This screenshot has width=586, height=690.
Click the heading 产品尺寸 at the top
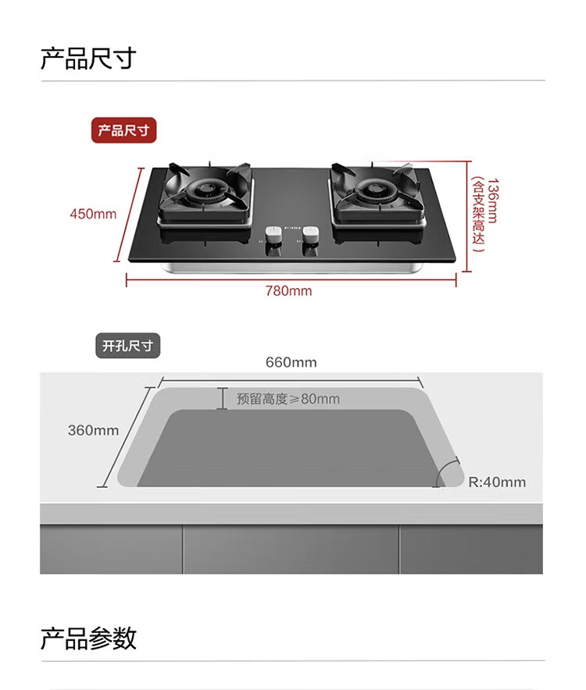click(x=88, y=59)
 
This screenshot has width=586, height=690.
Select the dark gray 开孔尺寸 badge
click(x=128, y=345)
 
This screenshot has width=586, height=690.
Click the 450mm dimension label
click(x=93, y=214)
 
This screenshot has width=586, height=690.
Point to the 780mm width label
click(x=288, y=291)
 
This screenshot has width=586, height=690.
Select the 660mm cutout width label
click(x=291, y=362)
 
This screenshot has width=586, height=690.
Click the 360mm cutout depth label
click(x=93, y=430)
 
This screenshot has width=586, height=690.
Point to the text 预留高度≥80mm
click(x=288, y=399)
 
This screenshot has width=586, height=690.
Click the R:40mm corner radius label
click(x=497, y=482)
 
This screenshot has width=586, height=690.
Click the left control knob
click(x=273, y=234)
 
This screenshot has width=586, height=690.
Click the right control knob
click(x=310, y=234)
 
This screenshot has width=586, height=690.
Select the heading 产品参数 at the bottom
click(x=88, y=638)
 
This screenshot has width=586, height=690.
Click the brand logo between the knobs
click(x=291, y=228)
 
